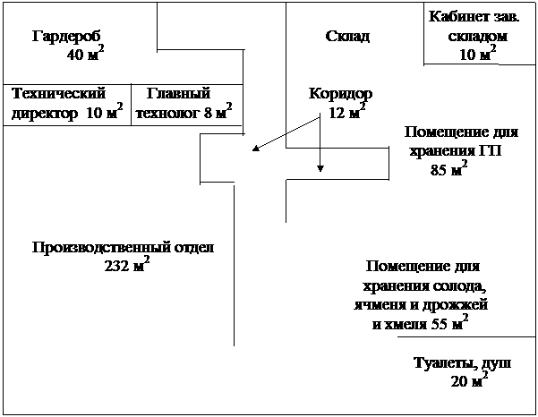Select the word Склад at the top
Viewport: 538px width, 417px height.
pyautogui.click(x=346, y=36)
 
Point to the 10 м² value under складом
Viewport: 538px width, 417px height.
pyautogui.click(x=477, y=55)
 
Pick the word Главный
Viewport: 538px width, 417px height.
pyautogui.click(x=178, y=93)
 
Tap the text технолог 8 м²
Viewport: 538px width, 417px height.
pyautogui.click(x=184, y=113)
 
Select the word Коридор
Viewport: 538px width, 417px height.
pyautogui.click(x=340, y=94)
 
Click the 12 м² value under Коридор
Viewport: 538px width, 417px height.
pyautogui.click(x=346, y=113)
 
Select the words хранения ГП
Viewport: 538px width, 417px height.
pyautogui.click(x=456, y=150)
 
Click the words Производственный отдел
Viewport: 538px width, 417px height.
pyautogui.click(x=124, y=248)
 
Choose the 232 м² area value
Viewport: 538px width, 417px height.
pyautogui.click(x=126, y=266)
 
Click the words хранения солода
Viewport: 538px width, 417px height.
pyautogui.click(x=423, y=286)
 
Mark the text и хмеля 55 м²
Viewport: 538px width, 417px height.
pyautogui.click(x=420, y=324)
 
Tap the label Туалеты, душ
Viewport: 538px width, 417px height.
pyautogui.click(x=462, y=363)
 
